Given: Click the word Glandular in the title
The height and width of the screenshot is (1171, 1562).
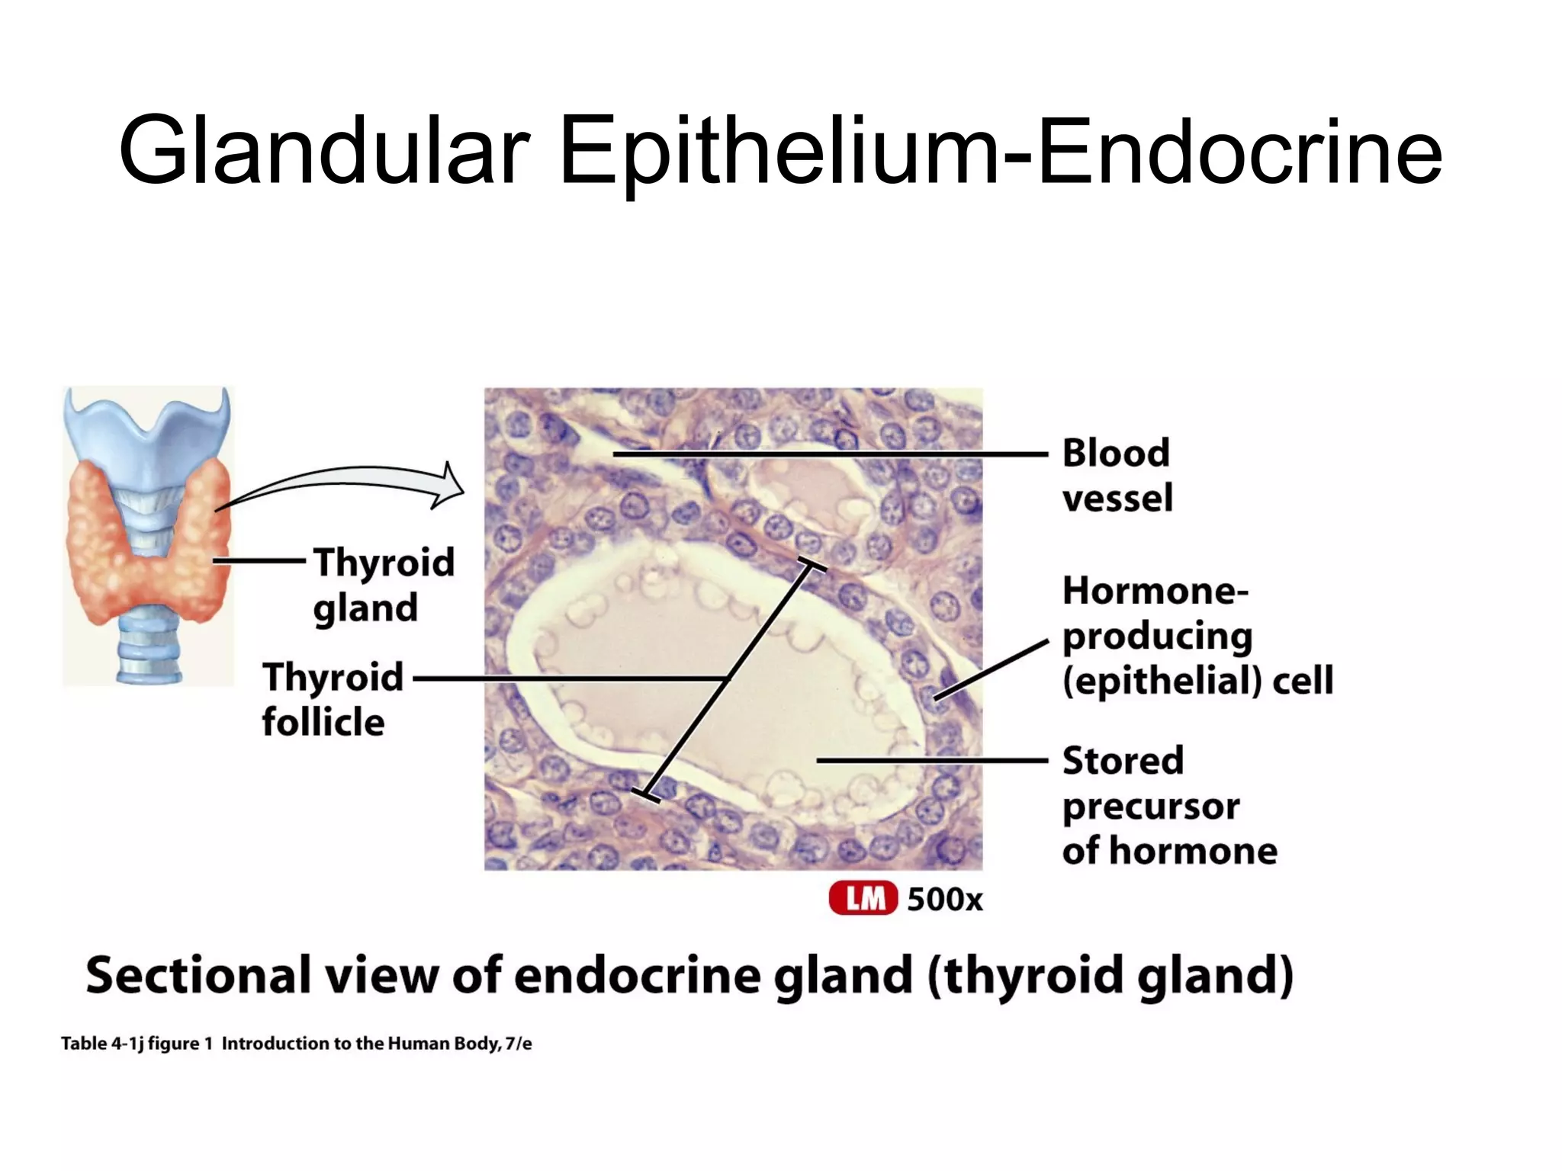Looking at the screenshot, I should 324,150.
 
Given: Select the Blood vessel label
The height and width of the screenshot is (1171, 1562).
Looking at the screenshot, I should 1117,475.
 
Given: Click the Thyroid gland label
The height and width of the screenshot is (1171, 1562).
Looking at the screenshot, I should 383,584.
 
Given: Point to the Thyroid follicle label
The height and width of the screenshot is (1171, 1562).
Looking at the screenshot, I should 333,698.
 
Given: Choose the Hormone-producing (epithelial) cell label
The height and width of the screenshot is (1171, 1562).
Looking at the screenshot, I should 1197,636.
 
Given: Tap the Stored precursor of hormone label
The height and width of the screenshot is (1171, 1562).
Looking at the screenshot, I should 1168,805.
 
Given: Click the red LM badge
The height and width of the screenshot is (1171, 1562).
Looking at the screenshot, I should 863,899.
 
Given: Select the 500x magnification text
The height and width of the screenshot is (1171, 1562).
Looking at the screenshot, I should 944,900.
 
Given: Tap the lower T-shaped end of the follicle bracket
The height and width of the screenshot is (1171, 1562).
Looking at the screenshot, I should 645,794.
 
